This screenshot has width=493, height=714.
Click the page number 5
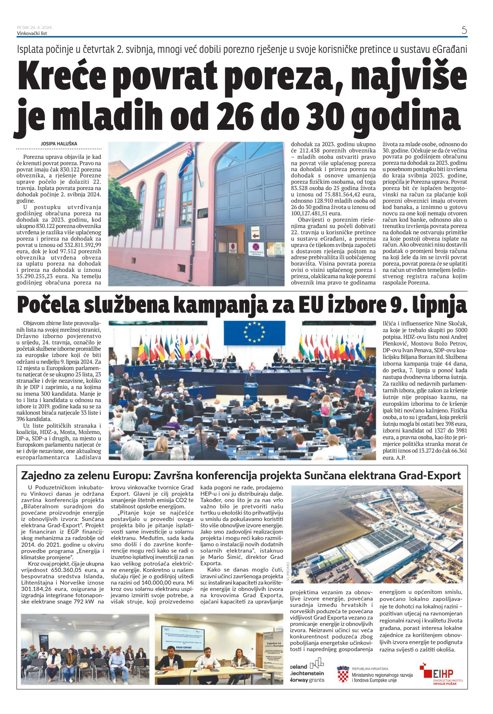(464, 30)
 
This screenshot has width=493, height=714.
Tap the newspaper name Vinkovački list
(32, 33)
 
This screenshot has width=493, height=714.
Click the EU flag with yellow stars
(254, 332)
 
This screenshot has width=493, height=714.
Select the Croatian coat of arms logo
(343, 674)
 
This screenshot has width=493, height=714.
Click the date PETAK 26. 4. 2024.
(35, 28)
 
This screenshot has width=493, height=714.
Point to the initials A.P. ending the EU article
(399, 457)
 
